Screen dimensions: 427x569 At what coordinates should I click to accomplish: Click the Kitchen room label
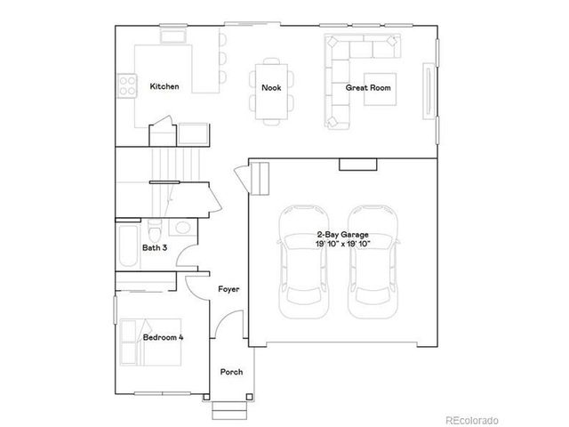point(164,87)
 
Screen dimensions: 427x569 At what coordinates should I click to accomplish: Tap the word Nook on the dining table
point(270,87)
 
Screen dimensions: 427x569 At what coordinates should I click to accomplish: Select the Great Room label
point(367,88)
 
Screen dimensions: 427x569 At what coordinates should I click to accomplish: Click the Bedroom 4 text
point(163,338)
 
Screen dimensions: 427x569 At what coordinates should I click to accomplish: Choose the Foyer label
point(229,290)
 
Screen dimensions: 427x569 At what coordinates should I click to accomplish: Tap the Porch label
point(231,372)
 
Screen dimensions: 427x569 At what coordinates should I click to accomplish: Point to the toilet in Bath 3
point(154,230)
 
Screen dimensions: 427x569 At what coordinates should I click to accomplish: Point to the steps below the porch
point(229,409)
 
